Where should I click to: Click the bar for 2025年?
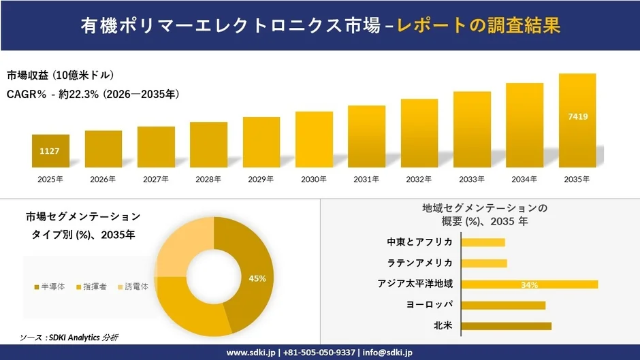(x=50, y=151)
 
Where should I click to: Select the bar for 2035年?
(x=577, y=120)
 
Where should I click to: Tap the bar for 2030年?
(x=314, y=140)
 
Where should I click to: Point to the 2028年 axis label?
(x=208, y=180)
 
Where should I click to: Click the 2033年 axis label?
(x=472, y=180)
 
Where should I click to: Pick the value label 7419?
(x=577, y=117)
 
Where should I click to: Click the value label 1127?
(x=50, y=151)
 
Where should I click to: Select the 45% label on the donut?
(x=257, y=278)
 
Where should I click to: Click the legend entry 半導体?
(x=52, y=287)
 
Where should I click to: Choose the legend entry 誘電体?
(x=136, y=287)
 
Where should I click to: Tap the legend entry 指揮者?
(x=95, y=287)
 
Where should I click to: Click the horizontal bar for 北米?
(x=506, y=326)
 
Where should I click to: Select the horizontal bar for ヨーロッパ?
(x=503, y=305)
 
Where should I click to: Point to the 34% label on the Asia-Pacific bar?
(x=529, y=284)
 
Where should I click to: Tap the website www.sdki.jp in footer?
(x=250, y=353)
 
